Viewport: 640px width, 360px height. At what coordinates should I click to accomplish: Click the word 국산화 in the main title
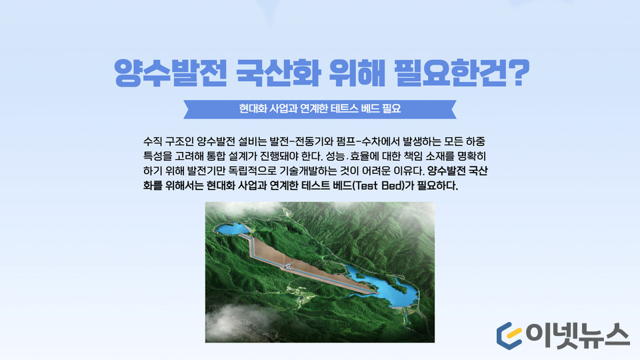pos(278,73)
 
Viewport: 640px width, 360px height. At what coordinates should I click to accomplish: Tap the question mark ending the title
pos(519,72)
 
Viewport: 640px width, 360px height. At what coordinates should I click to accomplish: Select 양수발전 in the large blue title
pos(170,73)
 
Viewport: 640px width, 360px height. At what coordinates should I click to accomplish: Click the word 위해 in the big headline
pos(357,73)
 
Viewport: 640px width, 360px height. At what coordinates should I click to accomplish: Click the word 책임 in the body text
pos(412,156)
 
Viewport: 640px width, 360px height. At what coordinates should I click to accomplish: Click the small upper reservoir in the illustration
pos(231,229)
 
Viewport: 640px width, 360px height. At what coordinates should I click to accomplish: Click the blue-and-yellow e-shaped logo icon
pos(509,335)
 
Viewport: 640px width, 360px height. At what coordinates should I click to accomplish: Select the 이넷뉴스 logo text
pos(577,335)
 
